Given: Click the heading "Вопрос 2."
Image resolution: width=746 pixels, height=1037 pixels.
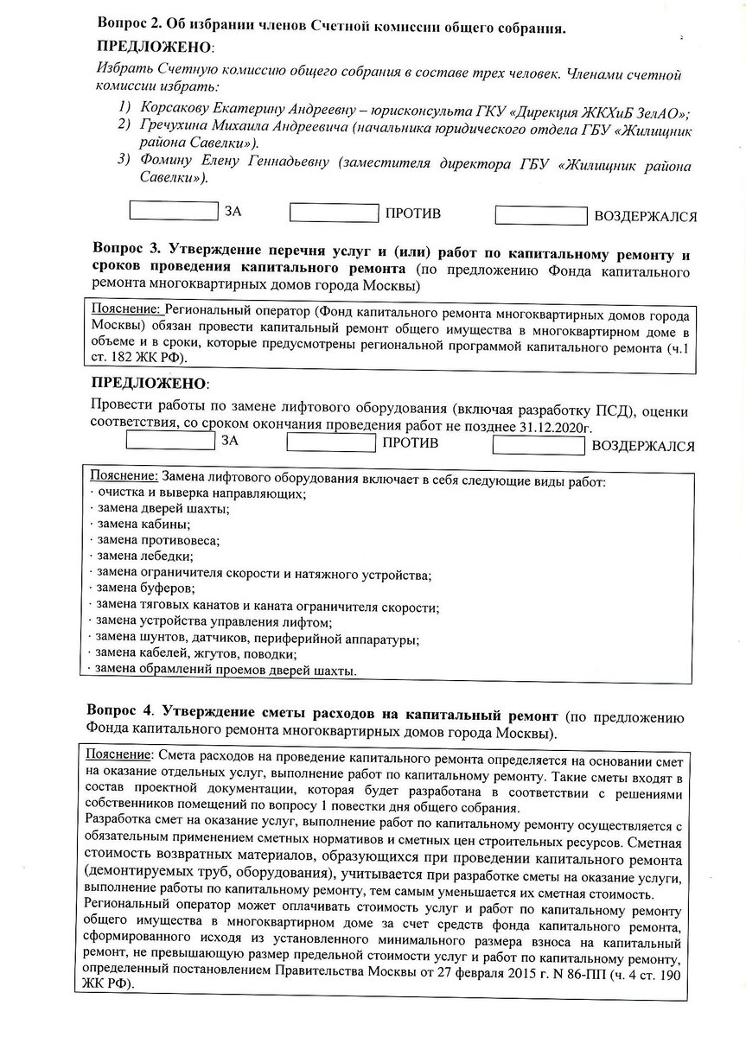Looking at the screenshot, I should coord(128,25).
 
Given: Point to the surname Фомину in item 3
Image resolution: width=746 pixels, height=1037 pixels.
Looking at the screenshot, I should coord(166,163).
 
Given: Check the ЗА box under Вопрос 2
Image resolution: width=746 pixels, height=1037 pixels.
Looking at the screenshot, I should coord(174,210).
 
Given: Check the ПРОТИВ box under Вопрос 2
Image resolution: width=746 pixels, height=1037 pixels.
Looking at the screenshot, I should coord(334,213).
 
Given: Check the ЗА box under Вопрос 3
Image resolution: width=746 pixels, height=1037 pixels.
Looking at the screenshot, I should coord(171,441).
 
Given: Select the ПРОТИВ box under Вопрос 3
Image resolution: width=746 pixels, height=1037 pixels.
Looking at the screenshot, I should coord(331,443).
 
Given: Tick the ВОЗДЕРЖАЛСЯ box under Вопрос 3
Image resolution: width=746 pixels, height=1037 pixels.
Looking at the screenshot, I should coord(539,445).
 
